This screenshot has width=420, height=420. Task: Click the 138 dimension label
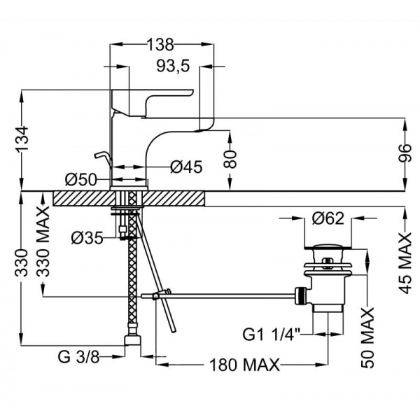[x=160, y=43]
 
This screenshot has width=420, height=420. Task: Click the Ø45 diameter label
[x=186, y=167]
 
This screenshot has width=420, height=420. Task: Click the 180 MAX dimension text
[x=243, y=365]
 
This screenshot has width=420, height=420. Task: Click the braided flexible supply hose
[x=130, y=287]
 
